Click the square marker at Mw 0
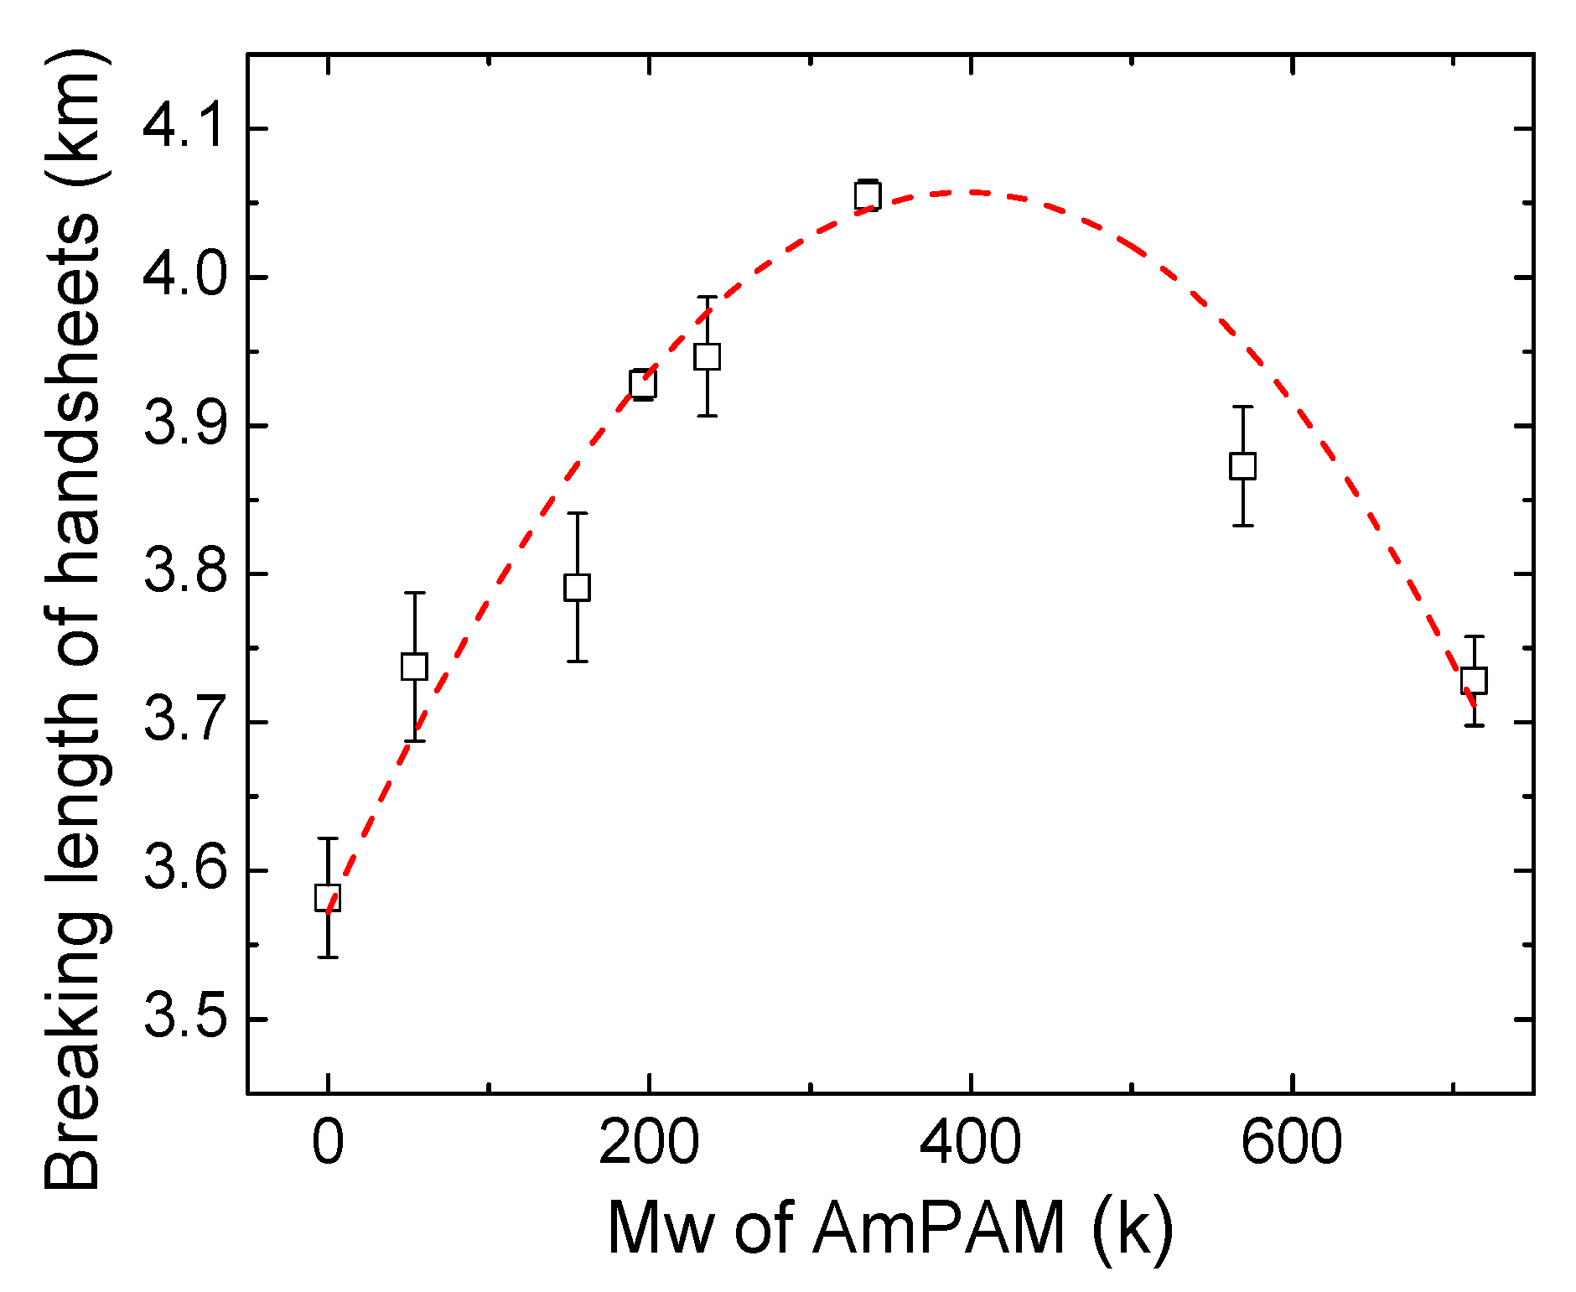click(x=328, y=897)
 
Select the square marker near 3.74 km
click(x=414, y=667)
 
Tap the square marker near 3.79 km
click(x=577, y=587)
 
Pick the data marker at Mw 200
click(x=643, y=384)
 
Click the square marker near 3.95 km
click(x=708, y=356)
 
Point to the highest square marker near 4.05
click(x=868, y=196)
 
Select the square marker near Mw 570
click(x=1242, y=465)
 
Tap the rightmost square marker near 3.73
click(x=1474, y=680)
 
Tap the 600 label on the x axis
click(x=1291, y=1142)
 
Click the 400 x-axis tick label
click(x=970, y=1142)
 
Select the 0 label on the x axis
click(x=328, y=1142)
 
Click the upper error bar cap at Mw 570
click(x=1242, y=407)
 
